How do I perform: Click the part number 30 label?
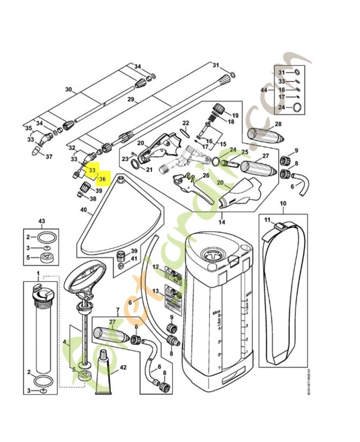point(68,90)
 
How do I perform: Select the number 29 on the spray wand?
point(131,100)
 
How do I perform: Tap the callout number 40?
point(84,210)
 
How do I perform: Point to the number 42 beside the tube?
point(123,367)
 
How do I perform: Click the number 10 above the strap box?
point(282,204)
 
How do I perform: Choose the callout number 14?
point(222,222)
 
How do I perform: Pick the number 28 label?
point(278,124)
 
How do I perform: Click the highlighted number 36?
point(102,179)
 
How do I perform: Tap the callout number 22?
point(186,123)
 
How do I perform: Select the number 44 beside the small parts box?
point(263,90)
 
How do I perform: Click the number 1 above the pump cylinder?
point(38,274)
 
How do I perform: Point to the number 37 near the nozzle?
point(49,156)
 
